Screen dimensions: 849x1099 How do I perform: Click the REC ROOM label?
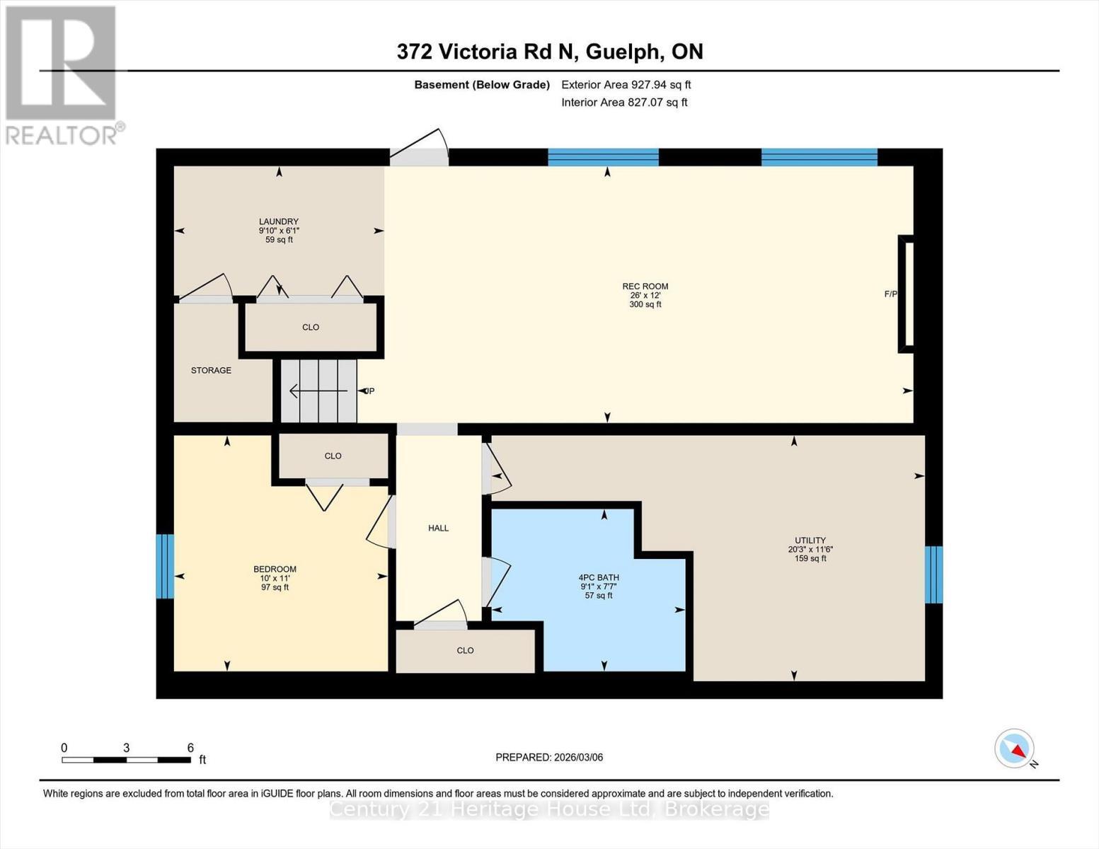(x=645, y=287)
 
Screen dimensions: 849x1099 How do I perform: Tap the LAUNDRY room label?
(x=278, y=221)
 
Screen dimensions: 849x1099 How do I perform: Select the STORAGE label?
(x=211, y=370)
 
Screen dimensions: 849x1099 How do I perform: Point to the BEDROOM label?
(x=275, y=569)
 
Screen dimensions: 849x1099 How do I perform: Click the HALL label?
(x=438, y=528)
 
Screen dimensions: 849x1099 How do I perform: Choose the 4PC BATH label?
(x=598, y=577)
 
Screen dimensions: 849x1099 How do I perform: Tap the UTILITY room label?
(x=810, y=541)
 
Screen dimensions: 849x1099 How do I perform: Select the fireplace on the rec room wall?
(x=907, y=294)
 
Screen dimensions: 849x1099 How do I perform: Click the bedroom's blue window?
(x=165, y=566)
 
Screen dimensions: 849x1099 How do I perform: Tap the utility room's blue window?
(x=934, y=574)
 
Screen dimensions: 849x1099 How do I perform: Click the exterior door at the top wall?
(x=419, y=150)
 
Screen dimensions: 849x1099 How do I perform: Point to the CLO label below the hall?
(x=465, y=650)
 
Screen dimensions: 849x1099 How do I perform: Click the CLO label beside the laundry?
(x=311, y=327)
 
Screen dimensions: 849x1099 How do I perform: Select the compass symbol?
(x=1015, y=749)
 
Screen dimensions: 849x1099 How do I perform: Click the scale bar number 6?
(x=190, y=748)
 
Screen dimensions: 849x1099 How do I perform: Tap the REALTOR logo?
(x=62, y=74)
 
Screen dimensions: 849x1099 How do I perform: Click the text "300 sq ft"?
(x=645, y=305)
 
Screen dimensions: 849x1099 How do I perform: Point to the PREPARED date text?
(x=549, y=757)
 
